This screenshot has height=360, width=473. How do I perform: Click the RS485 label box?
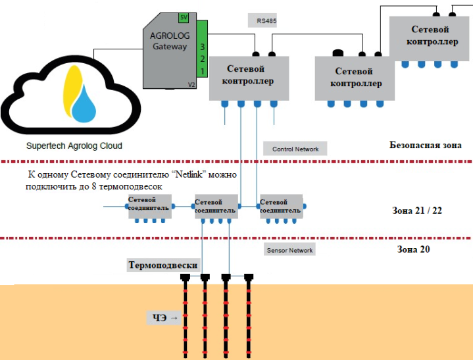click(266, 21)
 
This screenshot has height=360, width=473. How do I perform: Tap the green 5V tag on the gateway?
click(184, 17)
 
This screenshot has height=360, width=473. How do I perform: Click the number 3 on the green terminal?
click(203, 47)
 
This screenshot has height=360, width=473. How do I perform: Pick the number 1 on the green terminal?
click(203, 70)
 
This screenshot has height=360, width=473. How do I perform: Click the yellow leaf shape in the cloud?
click(69, 90)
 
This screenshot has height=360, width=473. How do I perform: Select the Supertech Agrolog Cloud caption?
click(74, 145)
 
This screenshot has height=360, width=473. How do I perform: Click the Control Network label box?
click(295, 149)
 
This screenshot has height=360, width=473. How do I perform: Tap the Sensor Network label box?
click(290, 250)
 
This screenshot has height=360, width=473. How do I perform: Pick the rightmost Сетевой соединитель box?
click(281, 205)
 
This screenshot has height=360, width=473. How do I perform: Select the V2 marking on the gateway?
click(191, 85)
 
